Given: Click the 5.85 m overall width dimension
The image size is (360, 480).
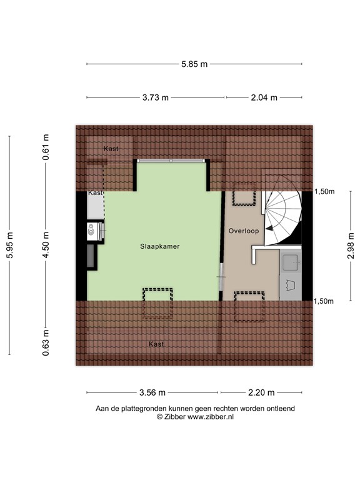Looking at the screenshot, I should click(194, 64).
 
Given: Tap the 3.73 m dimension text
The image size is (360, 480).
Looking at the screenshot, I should click(156, 97).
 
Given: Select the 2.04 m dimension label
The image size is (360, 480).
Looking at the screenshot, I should click(264, 97).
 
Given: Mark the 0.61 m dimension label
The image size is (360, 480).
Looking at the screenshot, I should click(46, 147).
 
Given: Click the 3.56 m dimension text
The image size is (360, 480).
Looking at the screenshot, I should click(152, 393).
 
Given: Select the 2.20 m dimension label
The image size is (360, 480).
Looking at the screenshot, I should click(261, 393).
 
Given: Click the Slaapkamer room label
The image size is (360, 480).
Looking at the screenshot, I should click(160, 246).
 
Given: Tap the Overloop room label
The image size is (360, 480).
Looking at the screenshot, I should click(242, 230).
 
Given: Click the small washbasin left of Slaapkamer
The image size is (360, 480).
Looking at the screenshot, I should click(92, 231).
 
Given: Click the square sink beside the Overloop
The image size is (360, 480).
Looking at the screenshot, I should click(290, 262).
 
